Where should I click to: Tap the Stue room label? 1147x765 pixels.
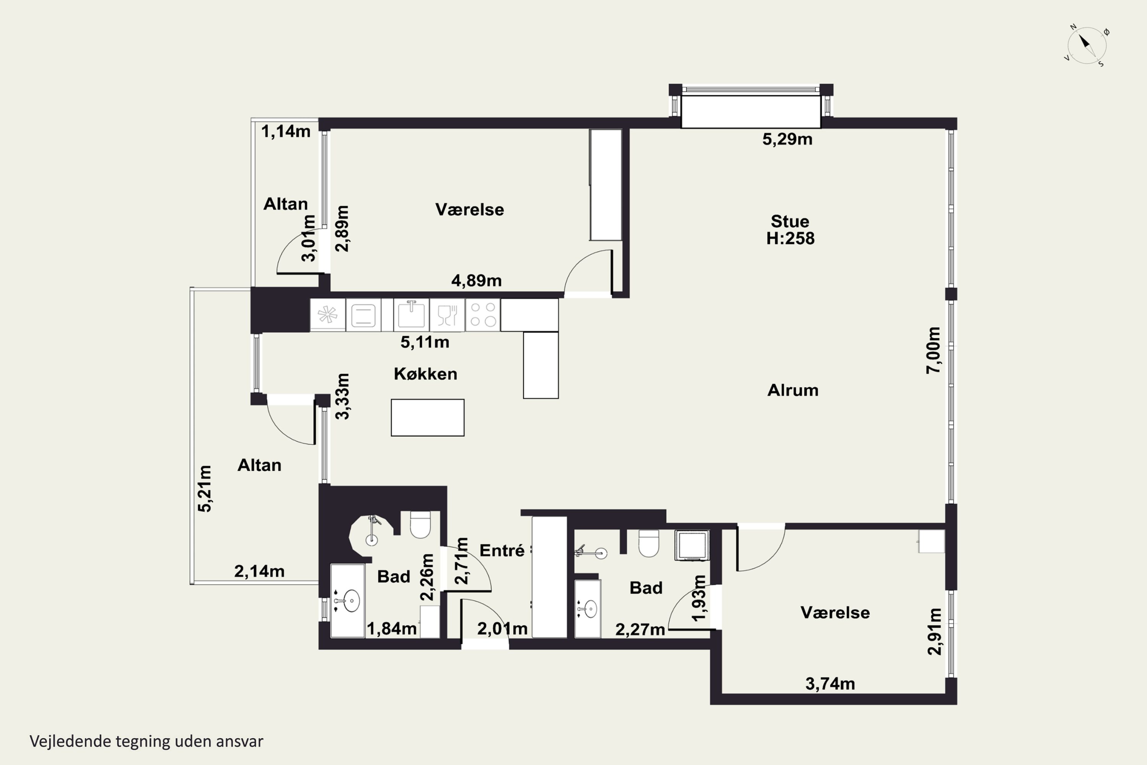click(x=790, y=221)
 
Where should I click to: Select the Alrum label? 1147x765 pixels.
click(x=793, y=390)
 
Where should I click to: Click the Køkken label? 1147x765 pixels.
click(x=425, y=374)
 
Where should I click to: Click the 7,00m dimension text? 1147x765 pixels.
click(x=933, y=350)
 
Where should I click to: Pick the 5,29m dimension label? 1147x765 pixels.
click(x=787, y=140)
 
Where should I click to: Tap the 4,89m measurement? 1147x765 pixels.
click(x=476, y=280)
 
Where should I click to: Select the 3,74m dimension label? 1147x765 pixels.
click(x=830, y=684)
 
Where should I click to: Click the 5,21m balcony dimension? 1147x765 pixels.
click(x=205, y=488)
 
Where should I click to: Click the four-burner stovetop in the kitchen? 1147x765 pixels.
click(x=483, y=315)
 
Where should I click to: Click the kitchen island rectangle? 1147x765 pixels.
click(x=428, y=418)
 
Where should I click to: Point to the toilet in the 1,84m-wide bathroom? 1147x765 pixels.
click(x=420, y=524)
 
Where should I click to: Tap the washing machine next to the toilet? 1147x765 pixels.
click(x=692, y=545)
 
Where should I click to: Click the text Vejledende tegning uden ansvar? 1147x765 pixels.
click(x=146, y=741)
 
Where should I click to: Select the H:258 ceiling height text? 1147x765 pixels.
click(x=790, y=239)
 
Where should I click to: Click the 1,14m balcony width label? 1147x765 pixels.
click(x=286, y=131)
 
